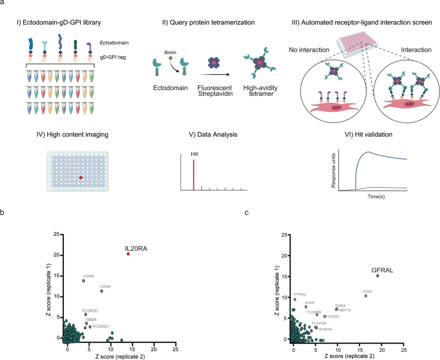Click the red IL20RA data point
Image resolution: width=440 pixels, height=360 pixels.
point(128,254)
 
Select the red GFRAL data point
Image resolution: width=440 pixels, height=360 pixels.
point(377,275)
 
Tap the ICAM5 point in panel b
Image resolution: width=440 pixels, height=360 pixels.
point(84,281)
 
